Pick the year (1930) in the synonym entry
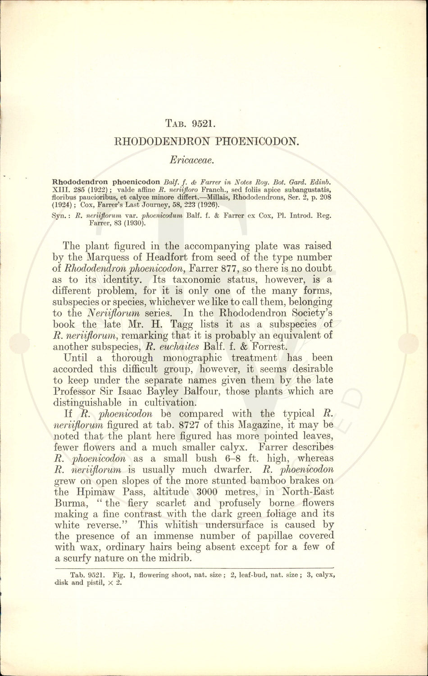[135, 222]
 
